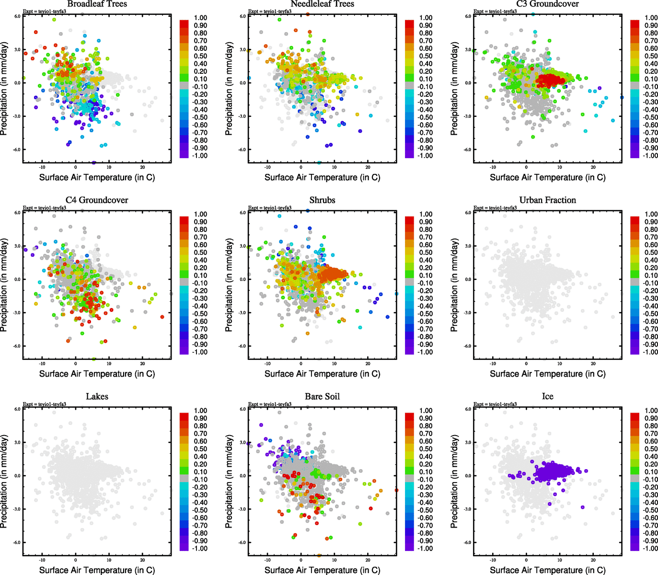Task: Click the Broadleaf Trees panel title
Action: [97, 4]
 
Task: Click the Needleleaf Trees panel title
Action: [322, 4]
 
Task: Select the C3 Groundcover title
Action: [547, 4]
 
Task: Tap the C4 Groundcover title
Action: [97, 200]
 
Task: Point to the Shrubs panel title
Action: [322, 200]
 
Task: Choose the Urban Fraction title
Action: [547, 200]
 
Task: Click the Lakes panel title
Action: [97, 397]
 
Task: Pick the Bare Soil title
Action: [322, 397]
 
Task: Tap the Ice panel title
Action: [547, 397]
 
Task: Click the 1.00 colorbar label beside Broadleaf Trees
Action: [200, 18]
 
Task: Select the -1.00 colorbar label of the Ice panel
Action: [650, 549]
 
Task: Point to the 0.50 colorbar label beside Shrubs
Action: [426, 253]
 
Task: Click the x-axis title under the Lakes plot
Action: [97, 570]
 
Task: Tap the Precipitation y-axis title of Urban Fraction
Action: [455, 285]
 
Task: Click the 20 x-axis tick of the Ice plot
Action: [593, 560]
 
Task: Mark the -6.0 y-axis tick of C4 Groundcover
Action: [17, 346]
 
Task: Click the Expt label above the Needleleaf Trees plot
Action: [269, 11]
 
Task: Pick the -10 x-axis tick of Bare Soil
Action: [267, 560]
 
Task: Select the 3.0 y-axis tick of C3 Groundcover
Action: [468, 50]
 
